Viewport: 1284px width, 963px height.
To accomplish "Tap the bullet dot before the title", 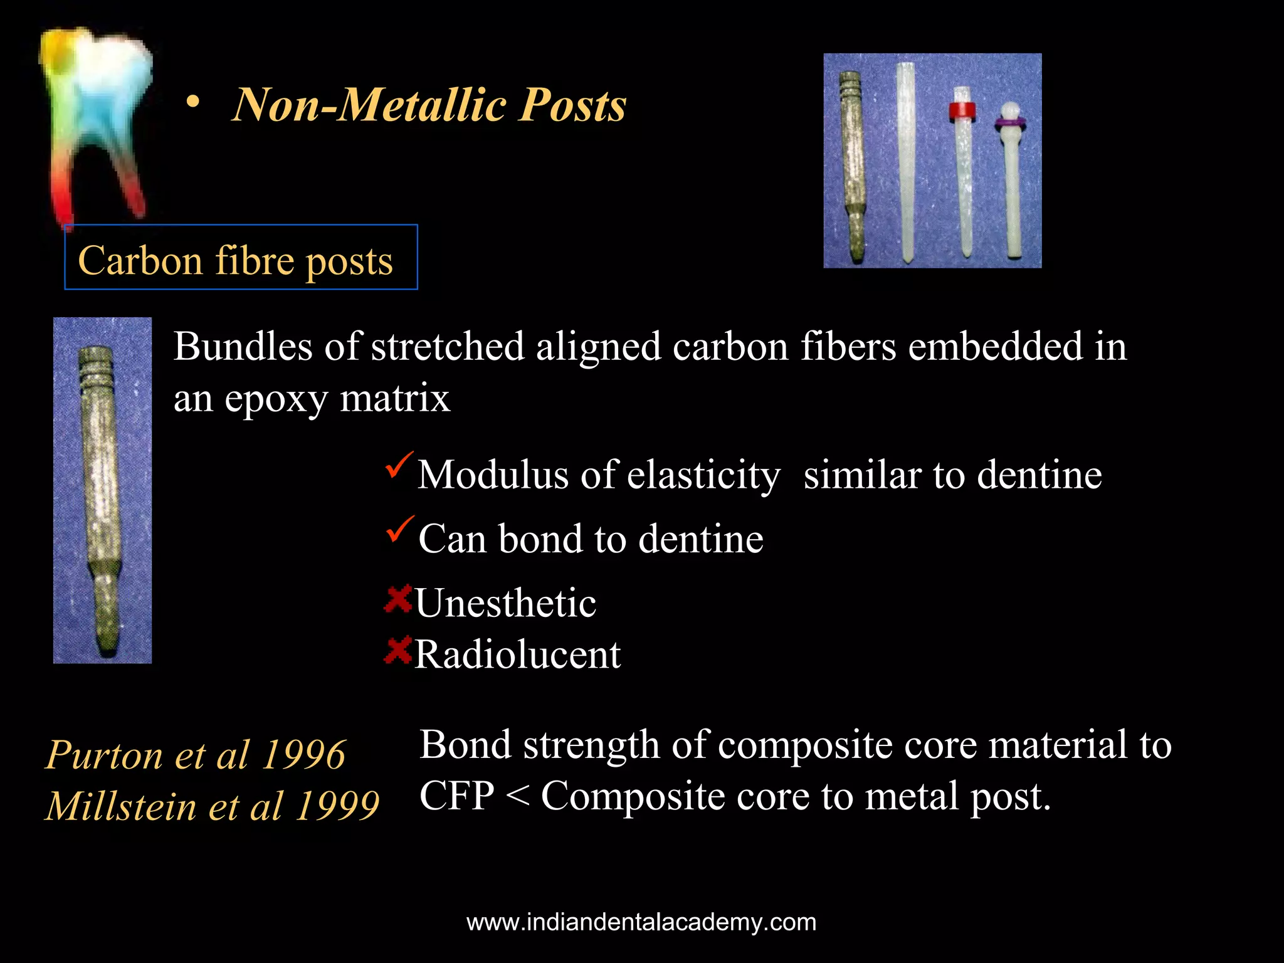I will (193, 103).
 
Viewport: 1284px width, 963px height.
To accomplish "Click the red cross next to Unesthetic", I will (397, 599).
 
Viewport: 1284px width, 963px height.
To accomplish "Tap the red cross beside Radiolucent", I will (397, 650).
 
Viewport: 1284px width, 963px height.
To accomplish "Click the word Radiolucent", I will (518, 655).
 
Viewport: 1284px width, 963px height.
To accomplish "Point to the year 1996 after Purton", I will (304, 754).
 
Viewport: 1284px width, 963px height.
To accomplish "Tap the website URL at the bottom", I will (641, 922).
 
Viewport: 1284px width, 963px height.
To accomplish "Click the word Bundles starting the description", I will (243, 347).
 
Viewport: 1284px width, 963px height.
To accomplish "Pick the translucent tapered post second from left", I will (905, 163).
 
